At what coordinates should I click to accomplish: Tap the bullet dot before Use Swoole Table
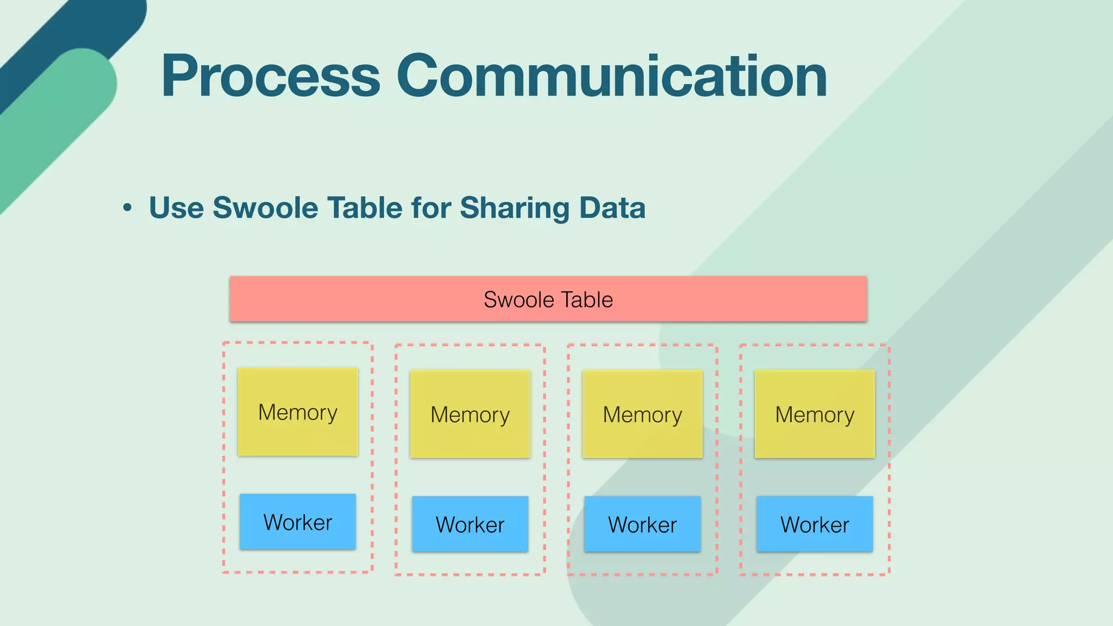coord(127,208)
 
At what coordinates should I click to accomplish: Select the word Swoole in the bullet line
coord(265,208)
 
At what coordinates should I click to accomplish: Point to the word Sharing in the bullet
coord(514,208)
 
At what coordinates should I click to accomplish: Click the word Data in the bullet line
coord(612,208)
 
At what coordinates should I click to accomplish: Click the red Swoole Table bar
coord(548,299)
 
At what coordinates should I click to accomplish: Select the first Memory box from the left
coord(298,412)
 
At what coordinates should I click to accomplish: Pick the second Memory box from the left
coord(470,414)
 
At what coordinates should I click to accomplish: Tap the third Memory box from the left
coord(642,414)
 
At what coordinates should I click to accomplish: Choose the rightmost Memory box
coord(815,414)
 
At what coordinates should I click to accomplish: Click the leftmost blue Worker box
coord(298,522)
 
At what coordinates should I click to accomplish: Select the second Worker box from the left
coord(470,524)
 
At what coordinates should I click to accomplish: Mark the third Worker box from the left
coord(642,524)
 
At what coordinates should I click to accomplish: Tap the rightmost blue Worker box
coord(815,524)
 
